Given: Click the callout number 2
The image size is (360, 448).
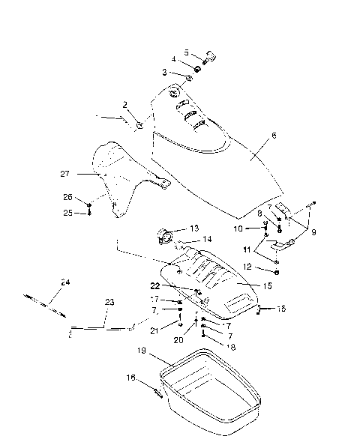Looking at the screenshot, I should tap(125, 104).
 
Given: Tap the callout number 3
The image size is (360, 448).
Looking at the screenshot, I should tap(164, 72).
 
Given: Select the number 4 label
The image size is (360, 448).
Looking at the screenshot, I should tap(174, 59).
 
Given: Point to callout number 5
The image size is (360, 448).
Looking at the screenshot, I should tap(187, 52).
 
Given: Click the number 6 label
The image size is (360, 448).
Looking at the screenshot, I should tap(274, 136).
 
